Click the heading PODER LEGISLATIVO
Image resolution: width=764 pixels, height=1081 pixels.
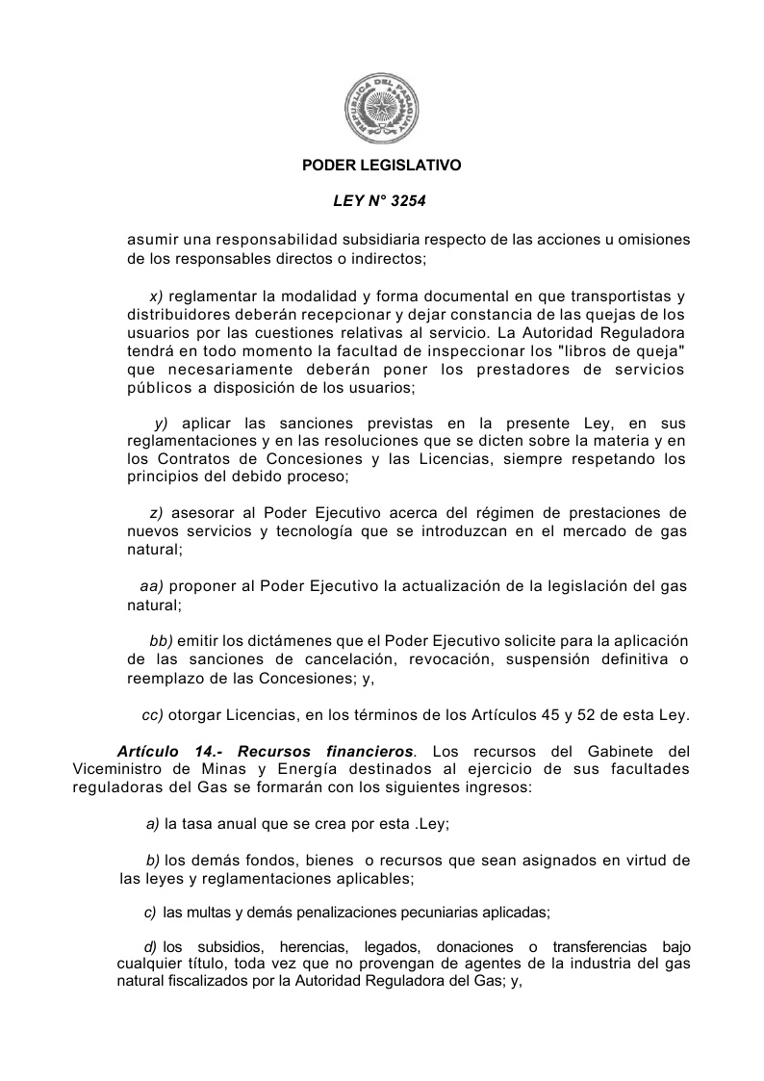[x=382, y=166]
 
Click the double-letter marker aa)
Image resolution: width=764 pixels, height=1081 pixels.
[x=152, y=586]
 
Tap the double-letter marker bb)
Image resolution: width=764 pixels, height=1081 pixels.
[x=161, y=641]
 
